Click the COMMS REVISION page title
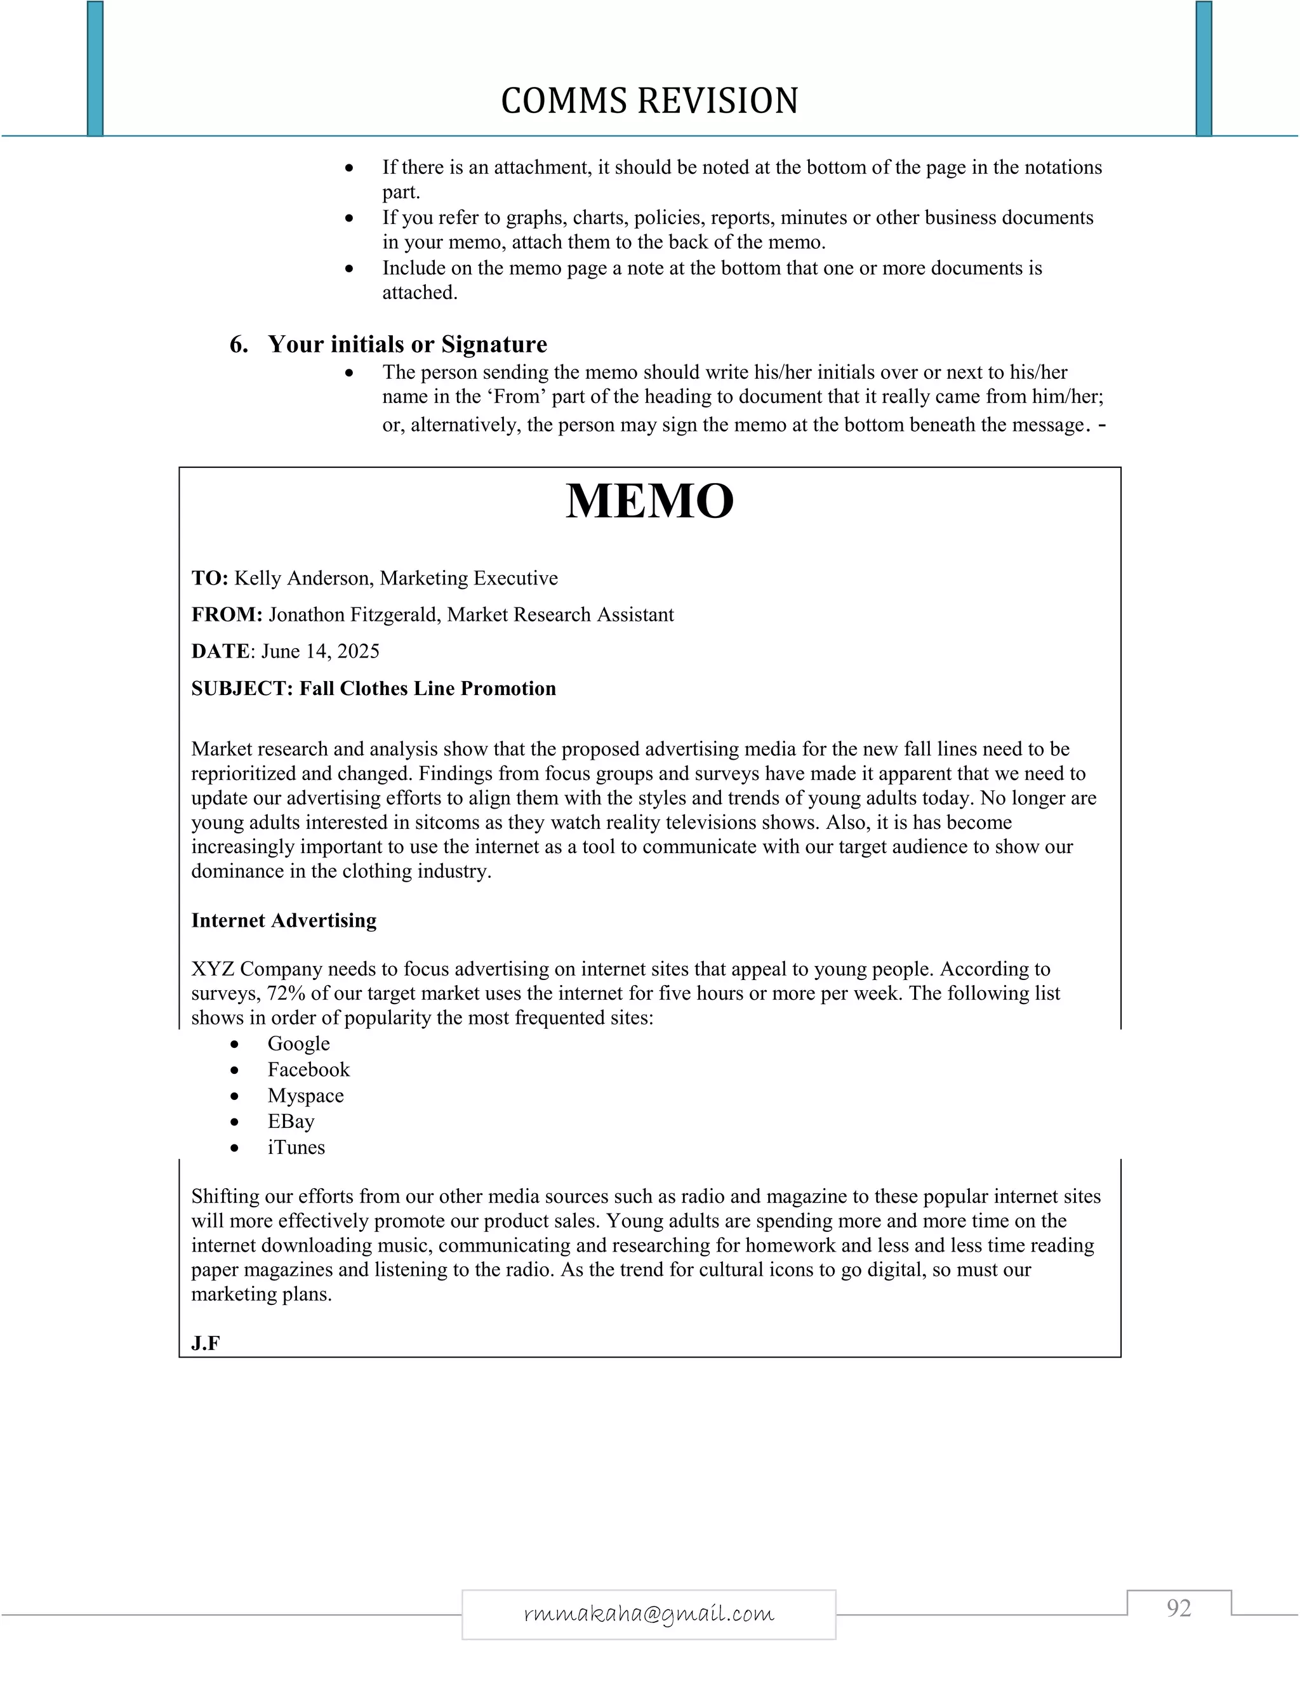(649, 101)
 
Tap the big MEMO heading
(649, 501)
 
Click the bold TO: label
(209, 578)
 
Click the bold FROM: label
(227, 614)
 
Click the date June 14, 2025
(321, 652)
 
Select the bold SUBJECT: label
(242, 689)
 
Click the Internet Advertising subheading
(283, 920)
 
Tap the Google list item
(299, 1043)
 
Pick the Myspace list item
(306, 1096)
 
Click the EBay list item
(291, 1122)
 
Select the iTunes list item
(296, 1148)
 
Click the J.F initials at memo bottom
(206, 1344)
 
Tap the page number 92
(1178, 1608)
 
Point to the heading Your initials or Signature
(408, 344)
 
